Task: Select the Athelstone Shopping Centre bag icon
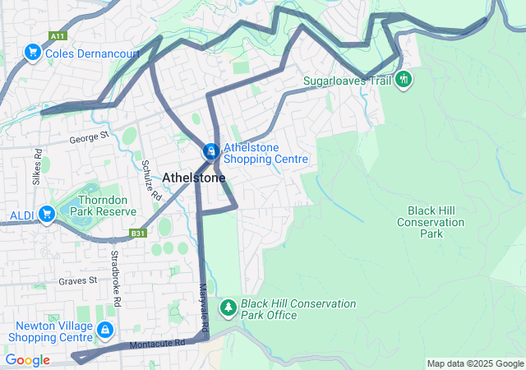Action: pos(211,152)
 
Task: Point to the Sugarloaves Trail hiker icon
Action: pos(403,81)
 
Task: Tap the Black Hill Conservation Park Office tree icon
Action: pos(228,308)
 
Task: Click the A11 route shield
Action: pos(57,36)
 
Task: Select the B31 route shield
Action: pos(137,234)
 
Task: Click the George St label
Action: pos(89,137)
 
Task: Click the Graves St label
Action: pos(77,280)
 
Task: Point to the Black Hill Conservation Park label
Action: pos(431,222)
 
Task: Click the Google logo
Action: pos(27,360)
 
